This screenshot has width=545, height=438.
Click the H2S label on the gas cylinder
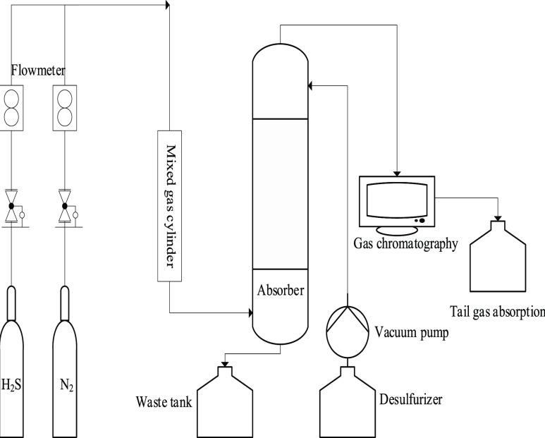coord(11,385)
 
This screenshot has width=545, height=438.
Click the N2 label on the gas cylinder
coord(66,385)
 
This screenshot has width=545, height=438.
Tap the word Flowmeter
coord(38,71)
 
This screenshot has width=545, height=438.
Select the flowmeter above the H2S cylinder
coord(11,108)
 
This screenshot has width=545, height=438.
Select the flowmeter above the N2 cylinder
coord(65,108)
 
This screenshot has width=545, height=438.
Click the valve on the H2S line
coord(11,207)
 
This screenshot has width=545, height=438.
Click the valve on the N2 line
coord(65,207)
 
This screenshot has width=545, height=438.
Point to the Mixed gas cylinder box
coord(170,206)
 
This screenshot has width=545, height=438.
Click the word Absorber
coord(281,291)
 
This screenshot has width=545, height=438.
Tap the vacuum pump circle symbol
coord(348,332)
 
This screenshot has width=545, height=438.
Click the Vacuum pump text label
coord(412,333)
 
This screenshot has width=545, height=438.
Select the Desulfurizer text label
coord(411,399)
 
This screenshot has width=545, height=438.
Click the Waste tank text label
coord(164,402)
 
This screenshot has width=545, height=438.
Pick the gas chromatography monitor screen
coord(397,202)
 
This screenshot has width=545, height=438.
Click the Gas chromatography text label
coord(405,243)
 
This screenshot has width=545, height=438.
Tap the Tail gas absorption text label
coord(497,312)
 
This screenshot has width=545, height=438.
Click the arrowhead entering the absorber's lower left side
coord(250,312)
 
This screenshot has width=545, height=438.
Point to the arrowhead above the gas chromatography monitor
coord(397,174)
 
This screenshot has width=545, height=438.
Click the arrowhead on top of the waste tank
coord(225,365)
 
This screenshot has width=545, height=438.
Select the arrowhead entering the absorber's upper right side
coord(310,85)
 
